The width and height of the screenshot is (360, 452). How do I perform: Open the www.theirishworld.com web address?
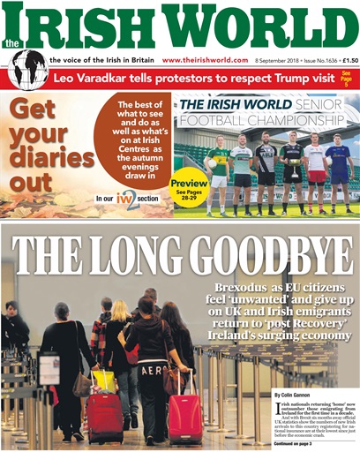pyautogui.click(x=205, y=60)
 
